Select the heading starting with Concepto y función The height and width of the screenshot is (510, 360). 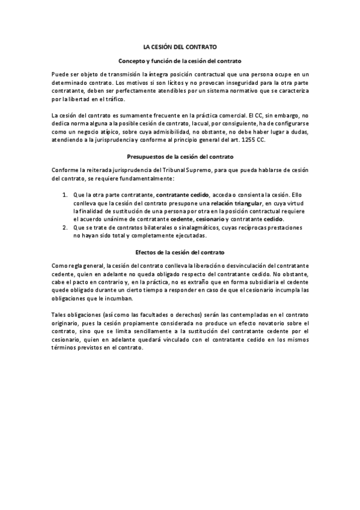pyautogui.click(x=180, y=61)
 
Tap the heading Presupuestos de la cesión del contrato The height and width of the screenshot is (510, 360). pyautogui.click(x=180, y=156)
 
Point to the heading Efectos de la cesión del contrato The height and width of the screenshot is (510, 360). pyautogui.click(x=180, y=251)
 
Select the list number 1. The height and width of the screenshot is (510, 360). pyautogui.click(x=65, y=195)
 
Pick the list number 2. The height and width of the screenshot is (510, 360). pyautogui.click(x=65, y=228)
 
